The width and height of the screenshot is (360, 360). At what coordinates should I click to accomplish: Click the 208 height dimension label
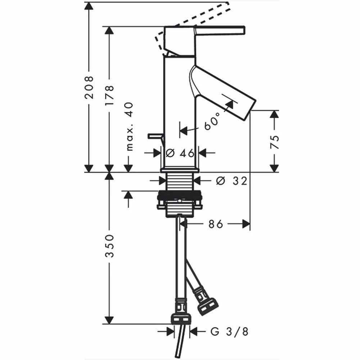coord(89,87)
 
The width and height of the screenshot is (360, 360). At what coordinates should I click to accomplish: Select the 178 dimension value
coord(109,95)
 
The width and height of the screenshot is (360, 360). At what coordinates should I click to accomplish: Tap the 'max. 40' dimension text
coord(130,126)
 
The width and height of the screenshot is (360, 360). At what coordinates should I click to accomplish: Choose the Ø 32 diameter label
coord(231,181)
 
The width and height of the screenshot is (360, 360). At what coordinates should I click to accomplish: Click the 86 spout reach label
coord(216,224)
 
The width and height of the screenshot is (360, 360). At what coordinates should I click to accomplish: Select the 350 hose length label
coord(109,246)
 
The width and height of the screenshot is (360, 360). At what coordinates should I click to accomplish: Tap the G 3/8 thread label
coord(229,332)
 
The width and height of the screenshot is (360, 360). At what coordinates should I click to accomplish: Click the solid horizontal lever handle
coord(220,31)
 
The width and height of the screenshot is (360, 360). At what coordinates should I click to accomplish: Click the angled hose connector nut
coord(208,306)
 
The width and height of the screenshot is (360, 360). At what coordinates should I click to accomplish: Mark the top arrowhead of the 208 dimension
coord(89,6)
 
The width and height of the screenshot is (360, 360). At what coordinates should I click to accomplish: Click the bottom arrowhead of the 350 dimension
coord(109,320)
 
